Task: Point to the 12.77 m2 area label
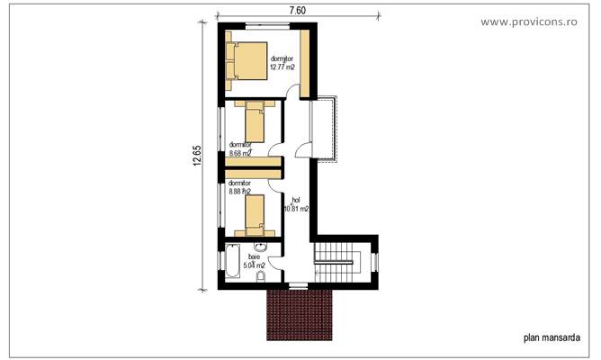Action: [284, 66]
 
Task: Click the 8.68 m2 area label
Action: [240, 153]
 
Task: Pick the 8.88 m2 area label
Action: [241, 190]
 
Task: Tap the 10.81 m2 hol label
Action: [295, 208]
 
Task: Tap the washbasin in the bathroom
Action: [262, 249]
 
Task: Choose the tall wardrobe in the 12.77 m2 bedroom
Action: [305, 63]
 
